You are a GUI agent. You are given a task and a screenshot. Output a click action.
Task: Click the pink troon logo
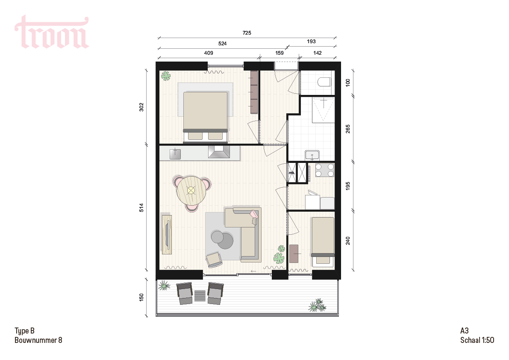(52, 32)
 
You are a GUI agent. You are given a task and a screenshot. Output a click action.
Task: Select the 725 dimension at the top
(247, 33)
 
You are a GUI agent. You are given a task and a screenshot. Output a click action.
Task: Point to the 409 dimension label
(209, 53)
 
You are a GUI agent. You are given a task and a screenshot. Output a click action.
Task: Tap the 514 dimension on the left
(141, 208)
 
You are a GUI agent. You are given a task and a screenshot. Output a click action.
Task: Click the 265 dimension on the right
(348, 129)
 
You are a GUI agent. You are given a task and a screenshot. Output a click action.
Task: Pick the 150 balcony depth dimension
(141, 297)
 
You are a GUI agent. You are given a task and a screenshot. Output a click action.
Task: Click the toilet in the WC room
(324, 82)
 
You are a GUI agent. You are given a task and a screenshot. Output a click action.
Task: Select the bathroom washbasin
(312, 156)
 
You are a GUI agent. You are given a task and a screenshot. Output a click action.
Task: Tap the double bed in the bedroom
(206, 117)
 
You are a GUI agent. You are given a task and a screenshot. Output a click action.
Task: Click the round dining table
(191, 190)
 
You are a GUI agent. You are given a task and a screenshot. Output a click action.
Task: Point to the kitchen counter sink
(175, 153)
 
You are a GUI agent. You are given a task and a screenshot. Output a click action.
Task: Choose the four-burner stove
(325, 170)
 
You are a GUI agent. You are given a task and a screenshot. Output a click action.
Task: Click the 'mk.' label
(292, 173)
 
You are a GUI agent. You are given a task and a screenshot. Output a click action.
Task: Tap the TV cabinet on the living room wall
(167, 234)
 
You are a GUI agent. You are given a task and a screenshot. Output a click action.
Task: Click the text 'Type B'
(24, 331)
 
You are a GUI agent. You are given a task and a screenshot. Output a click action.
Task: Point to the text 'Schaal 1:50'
(477, 340)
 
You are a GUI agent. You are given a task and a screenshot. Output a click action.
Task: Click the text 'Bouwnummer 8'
(38, 340)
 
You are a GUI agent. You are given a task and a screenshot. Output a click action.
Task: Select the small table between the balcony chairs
(200, 295)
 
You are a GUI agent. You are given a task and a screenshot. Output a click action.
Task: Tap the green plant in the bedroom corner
(166, 76)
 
